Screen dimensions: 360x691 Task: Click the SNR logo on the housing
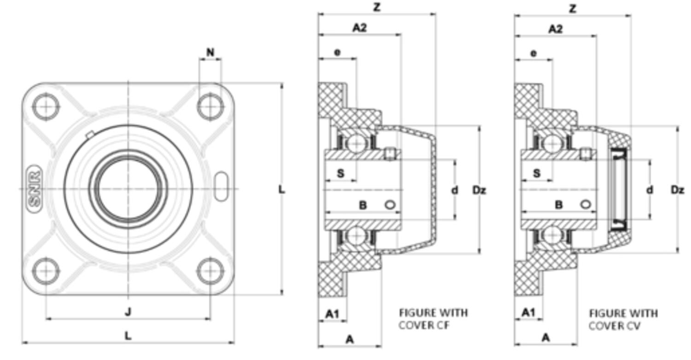[x=35, y=189]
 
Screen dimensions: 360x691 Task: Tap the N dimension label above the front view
[x=210, y=53]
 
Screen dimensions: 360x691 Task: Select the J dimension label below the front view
[x=128, y=312]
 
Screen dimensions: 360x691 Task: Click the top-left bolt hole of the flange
[x=46, y=106]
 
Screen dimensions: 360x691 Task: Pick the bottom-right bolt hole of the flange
[x=210, y=271]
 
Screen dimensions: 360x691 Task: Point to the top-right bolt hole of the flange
[x=210, y=106]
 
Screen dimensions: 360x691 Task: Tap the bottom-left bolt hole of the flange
[x=46, y=271]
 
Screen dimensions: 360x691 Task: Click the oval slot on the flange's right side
[x=221, y=186]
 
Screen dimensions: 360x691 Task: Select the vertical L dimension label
[x=282, y=189]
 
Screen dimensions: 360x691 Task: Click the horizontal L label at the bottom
[x=128, y=336]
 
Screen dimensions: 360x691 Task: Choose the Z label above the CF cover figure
[x=377, y=8]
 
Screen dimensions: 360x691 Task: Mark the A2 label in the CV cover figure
[x=556, y=29]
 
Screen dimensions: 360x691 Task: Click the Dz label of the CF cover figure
[x=479, y=190]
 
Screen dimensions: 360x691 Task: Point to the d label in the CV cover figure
[x=650, y=190]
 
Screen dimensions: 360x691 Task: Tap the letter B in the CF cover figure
[x=363, y=205]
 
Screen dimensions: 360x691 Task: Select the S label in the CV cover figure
[x=537, y=173]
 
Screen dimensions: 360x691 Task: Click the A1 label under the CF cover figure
[x=332, y=314]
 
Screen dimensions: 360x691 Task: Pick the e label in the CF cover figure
[x=337, y=53]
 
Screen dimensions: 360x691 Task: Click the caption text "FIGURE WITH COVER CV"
[x=623, y=319]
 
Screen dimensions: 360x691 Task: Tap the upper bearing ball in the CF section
[x=355, y=143]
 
